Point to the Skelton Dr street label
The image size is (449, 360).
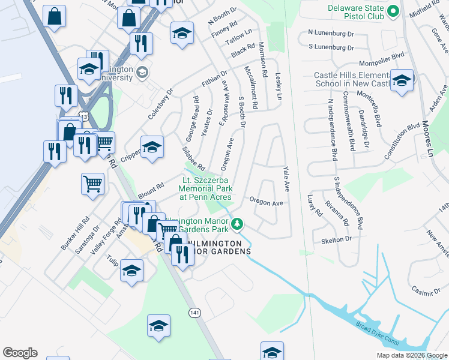click(x=336, y=239)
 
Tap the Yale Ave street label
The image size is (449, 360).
click(x=285, y=179)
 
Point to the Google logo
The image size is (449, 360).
click(x=20, y=353)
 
